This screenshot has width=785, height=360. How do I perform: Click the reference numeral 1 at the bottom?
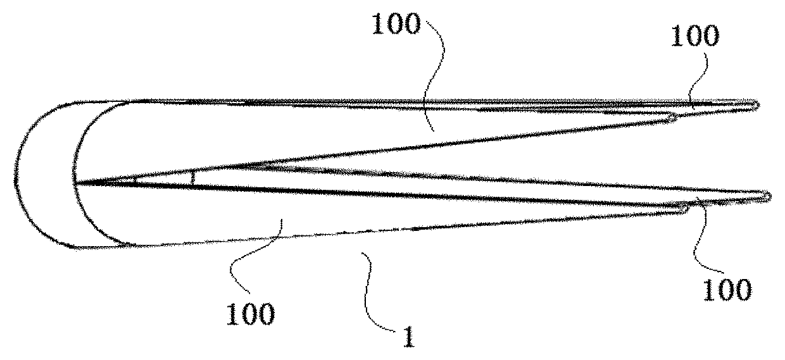pyautogui.click(x=409, y=337)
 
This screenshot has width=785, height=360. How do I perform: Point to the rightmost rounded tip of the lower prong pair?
pyautogui.click(x=768, y=197)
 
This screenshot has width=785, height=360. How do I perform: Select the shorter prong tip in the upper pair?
pyautogui.click(x=675, y=117)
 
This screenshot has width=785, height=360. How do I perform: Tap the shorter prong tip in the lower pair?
pyautogui.click(x=687, y=209)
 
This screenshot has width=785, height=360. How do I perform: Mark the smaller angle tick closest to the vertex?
pyautogui.click(x=135, y=181)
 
